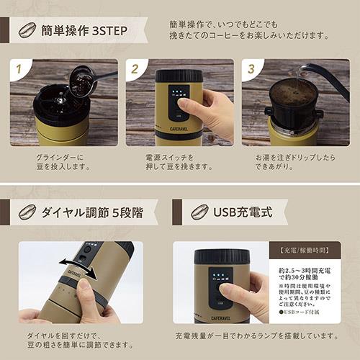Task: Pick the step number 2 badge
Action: [x=134, y=70]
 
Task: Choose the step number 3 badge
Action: [x=251, y=70]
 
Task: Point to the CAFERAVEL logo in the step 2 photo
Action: [x=179, y=124]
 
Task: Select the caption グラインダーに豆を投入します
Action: [x=63, y=162]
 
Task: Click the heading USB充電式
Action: [x=245, y=212]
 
